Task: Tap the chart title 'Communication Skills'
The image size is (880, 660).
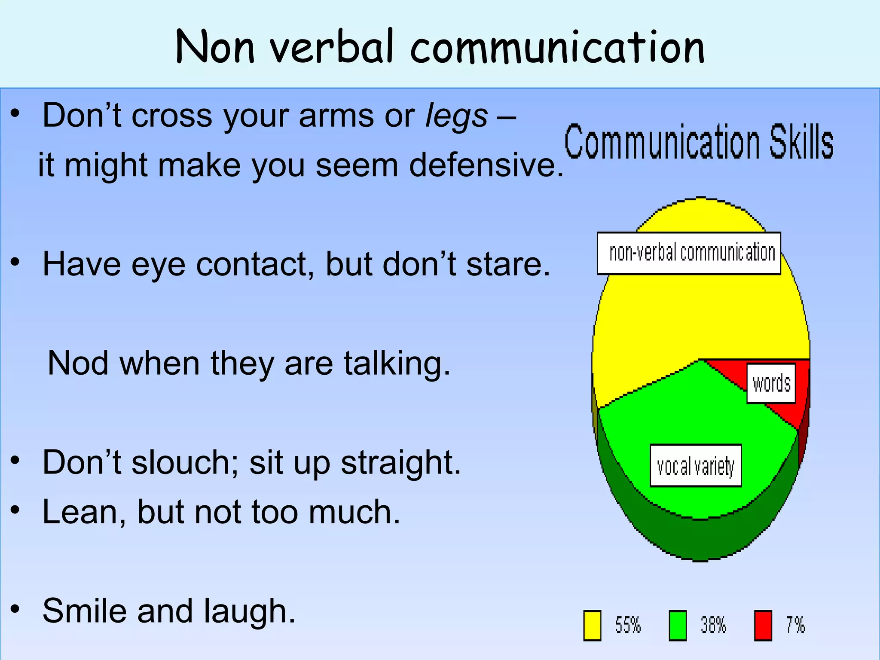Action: pos(699,141)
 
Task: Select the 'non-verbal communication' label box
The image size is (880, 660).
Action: pos(689,253)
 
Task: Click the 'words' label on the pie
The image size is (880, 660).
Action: pos(771,383)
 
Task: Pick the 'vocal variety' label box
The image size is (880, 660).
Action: pos(696,466)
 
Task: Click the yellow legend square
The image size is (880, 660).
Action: pos(592,625)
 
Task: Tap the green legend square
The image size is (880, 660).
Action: pos(678,625)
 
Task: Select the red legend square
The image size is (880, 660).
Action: pos(763,625)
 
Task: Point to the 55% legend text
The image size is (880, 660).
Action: pos(628,625)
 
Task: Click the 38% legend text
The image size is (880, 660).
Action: pos(713,625)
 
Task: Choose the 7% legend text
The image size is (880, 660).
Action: pos(795,625)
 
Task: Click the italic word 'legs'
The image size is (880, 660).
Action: pos(456,116)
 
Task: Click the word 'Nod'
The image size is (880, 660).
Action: pos(78,364)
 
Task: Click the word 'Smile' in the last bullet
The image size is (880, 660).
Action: pos(84,611)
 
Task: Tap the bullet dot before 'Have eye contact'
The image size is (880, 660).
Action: pos(15,262)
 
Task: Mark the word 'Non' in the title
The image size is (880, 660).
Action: pos(215,47)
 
